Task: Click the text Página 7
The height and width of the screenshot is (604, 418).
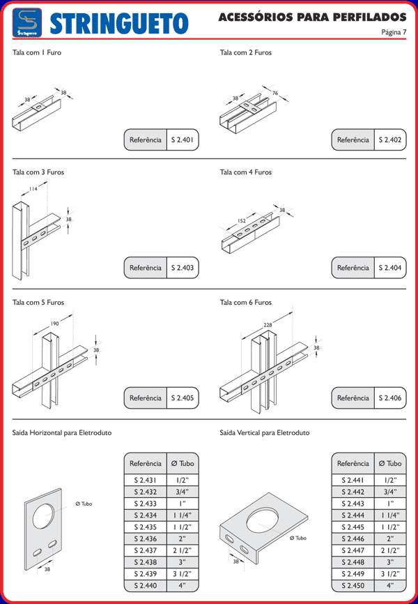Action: (394, 32)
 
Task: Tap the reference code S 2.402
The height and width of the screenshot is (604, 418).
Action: (390, 139)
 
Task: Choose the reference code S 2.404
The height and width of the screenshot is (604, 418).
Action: (390, 268)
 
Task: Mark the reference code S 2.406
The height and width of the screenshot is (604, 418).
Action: (390, 398)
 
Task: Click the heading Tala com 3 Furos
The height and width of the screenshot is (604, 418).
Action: (38, 172)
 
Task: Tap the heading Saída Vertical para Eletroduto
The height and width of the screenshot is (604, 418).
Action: (264, 433)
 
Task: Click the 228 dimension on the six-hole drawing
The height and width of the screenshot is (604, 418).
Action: (267, 324)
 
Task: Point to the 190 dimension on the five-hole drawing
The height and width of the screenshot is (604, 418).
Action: (54, 324)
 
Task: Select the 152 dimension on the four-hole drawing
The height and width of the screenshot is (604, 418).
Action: (242, 221)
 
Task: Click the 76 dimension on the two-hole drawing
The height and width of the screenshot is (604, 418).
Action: (274, 93)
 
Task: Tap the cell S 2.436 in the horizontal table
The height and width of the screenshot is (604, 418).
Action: (145, 538)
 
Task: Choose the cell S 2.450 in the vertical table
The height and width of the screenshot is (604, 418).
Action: (353, 586)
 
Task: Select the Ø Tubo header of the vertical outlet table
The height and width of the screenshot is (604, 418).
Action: (390, 463)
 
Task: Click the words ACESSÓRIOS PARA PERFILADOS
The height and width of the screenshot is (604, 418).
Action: (312, 16)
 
